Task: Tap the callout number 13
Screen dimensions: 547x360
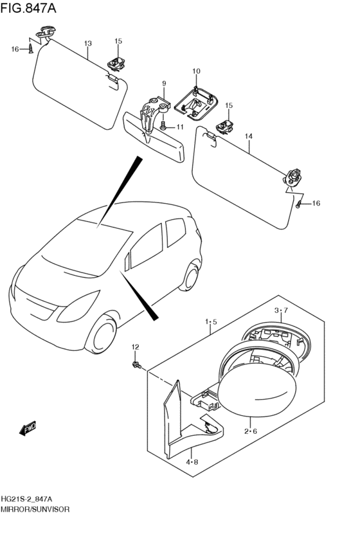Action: point(87,43)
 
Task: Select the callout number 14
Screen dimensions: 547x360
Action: point(249,136)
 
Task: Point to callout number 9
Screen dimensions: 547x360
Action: point(164,84)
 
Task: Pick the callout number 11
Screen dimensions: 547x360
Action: point(179,127)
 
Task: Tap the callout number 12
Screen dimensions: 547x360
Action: point(135,347)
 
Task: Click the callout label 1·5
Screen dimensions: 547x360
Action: point(211,321)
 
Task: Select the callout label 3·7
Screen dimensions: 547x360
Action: point(282,310)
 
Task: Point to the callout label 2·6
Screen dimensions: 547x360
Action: point(249,431)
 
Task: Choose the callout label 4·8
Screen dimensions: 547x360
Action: point(192,462)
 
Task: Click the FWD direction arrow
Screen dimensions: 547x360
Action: point(27,427)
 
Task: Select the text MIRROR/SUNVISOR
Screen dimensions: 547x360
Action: point(35,508)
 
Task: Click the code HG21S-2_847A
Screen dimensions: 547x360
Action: point(27,499)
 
